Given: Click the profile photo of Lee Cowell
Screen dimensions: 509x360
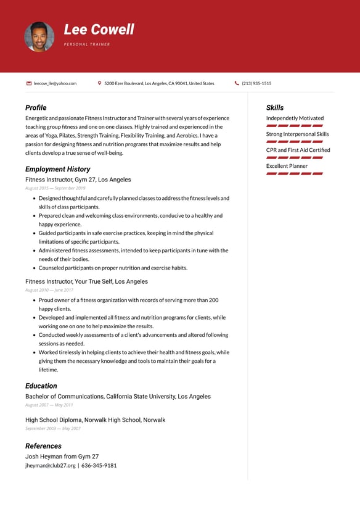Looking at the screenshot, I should coord(39,37).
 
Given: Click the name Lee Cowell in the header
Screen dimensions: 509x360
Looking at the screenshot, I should coord(99,30).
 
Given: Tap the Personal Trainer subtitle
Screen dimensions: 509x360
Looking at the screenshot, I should coord(87,44).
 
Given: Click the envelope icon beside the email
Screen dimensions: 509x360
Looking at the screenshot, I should coord(29,83).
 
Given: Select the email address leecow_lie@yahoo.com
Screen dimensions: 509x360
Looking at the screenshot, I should coord(55,83).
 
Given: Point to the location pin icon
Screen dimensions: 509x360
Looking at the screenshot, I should coord(99,83).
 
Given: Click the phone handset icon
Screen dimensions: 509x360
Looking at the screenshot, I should coord(237,83).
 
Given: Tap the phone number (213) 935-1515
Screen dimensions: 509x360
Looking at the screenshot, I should coord(256,83).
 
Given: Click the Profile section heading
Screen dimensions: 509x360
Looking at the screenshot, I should coord(36,107).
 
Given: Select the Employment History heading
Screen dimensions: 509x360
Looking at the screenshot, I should coord(57,169).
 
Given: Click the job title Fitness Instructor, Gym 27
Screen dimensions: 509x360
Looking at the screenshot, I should coord(78,180).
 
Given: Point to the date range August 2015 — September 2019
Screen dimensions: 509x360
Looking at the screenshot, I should coord(55,188).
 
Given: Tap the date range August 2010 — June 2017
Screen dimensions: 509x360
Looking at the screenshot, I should coord(49,290).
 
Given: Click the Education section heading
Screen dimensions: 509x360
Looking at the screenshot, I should coord(41,386).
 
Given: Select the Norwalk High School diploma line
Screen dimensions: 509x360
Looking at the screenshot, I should coord(95,420).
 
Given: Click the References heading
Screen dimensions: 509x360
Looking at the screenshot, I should coord(43,445).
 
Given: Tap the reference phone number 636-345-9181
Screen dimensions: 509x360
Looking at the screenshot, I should coord(99,465).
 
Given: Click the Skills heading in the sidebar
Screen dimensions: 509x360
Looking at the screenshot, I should coord(275,107).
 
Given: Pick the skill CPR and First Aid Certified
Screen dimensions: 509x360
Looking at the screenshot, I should coord(298,150).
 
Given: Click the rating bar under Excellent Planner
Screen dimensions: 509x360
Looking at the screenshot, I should coord(295,173).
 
